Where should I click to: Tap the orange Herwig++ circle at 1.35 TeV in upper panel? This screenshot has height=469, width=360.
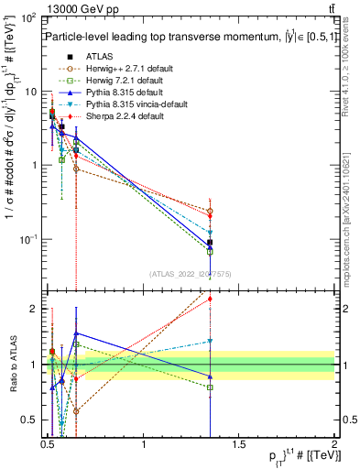[x=211, y=212]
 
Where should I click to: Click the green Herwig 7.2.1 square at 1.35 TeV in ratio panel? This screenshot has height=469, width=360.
[x=211, y=387]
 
